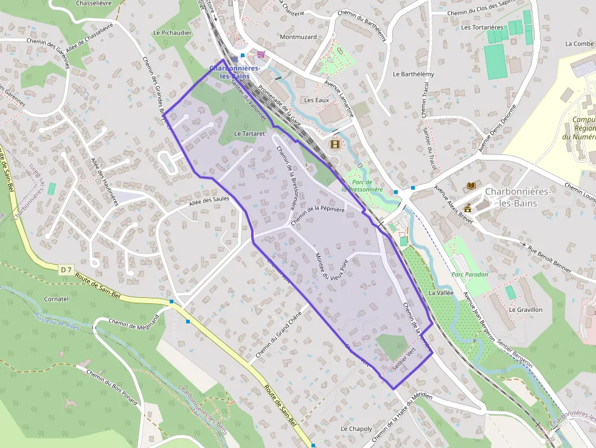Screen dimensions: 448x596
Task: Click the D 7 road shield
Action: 67,269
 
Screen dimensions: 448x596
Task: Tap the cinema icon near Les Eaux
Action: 334,144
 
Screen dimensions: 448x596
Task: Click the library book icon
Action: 471,185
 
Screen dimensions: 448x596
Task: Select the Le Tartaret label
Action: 250,133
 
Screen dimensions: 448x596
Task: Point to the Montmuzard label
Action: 298,37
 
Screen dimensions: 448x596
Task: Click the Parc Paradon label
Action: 470,274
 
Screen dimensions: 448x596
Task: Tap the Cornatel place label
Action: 57,299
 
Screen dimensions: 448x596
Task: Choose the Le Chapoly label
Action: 356,429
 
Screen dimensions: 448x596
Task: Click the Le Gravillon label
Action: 525,309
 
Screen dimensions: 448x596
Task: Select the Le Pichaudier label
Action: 173,33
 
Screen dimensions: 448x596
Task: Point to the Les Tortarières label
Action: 482,27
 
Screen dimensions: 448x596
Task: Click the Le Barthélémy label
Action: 414,74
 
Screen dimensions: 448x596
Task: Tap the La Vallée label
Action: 441,292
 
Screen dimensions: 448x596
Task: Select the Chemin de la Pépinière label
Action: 317,216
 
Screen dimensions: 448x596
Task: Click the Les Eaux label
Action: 316,100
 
